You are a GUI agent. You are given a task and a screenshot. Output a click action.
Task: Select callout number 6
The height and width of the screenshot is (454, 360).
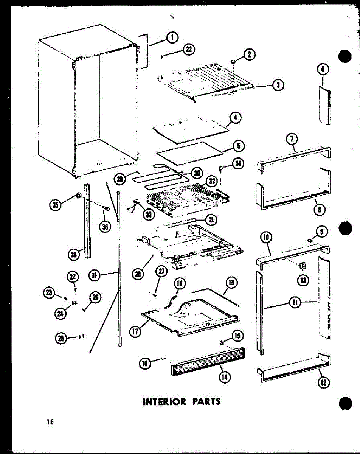(x=323, y=70)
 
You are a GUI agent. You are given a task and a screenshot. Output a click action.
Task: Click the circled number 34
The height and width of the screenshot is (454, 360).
(x=239, y=164)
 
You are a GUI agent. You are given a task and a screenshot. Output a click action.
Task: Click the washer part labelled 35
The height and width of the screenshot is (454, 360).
(x=79, y=196)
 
